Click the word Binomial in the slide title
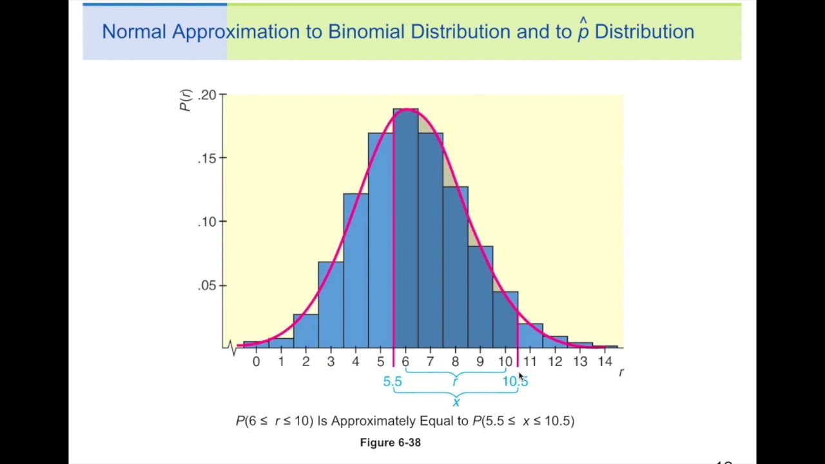[366, 32]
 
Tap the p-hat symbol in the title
[583, 30]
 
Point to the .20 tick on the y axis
[208, 95]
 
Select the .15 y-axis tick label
[208, 158]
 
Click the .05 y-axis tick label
[208, 285]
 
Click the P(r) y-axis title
[186, 100]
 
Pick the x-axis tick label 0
[256, 362]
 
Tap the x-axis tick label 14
[605, 362]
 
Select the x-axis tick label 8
[455, 362]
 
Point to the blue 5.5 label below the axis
[392, 382]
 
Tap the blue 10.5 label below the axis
[514, 382]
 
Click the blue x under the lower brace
[456, 403]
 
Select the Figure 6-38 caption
[390, 442]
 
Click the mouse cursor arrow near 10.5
[521, 376]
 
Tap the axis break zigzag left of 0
[232, 347]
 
